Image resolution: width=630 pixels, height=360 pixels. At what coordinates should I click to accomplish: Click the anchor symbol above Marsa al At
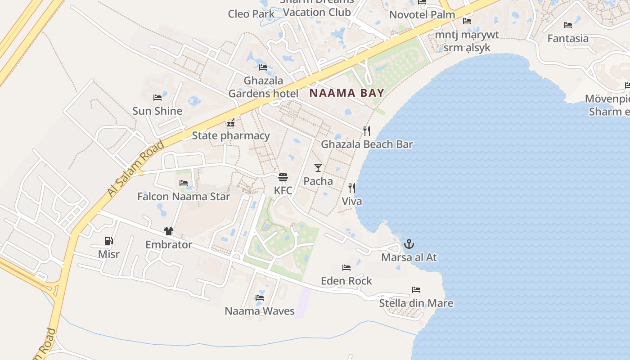pyautogui.click(x=409, y=244)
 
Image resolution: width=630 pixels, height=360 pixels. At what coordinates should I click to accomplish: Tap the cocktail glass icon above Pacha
pyautogui.click(x=318, y=168)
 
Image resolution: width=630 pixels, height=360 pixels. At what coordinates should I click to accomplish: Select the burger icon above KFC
pyautogui.click(x=283, y=177)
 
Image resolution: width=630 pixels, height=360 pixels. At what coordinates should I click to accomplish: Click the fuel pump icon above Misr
pyautogui.click(x=108, y=241)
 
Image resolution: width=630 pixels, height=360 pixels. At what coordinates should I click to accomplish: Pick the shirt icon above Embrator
pyautogui.click(x=169, y=231)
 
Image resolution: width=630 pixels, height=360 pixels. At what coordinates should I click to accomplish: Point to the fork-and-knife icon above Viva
pyautogui.click(x=351, y=188)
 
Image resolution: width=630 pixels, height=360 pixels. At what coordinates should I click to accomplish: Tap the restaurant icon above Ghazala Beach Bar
pyautogui.click(x=367, y=131)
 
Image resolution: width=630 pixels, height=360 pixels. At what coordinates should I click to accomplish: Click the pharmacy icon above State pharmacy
pyautogui.click(x=231, y=122)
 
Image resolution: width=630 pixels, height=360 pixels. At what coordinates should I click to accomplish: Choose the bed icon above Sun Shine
pyautogui.click(x=157, y=97)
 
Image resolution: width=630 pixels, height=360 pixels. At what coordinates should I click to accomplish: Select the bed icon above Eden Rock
pyautogui.click(x=346, y=268)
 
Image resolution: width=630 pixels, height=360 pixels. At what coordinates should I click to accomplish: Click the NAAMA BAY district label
pyautogui.click(x=346, y=93)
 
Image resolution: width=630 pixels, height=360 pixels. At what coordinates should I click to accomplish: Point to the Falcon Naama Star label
pyautogui.click(x=184, y=197)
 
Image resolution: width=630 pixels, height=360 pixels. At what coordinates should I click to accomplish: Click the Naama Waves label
pyautogui.click(x=260, y=311)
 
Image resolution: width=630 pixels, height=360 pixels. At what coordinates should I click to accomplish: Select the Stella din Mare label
pyautogui.click(x=416, y=303)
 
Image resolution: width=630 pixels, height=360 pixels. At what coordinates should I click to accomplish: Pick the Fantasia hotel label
pyautogui.click(x=568, y=39)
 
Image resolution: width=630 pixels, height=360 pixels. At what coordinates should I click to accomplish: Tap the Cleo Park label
pyautogui.click(x=251, y=13)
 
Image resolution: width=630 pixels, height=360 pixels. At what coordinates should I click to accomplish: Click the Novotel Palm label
pyautogui.click(x=422, y=14)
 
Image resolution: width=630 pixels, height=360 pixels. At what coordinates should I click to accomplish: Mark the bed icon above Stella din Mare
pyautogui.click(x=416, y=290)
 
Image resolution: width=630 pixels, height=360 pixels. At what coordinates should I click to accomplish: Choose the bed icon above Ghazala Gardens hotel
pyautogui.click(x=263, y=67)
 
